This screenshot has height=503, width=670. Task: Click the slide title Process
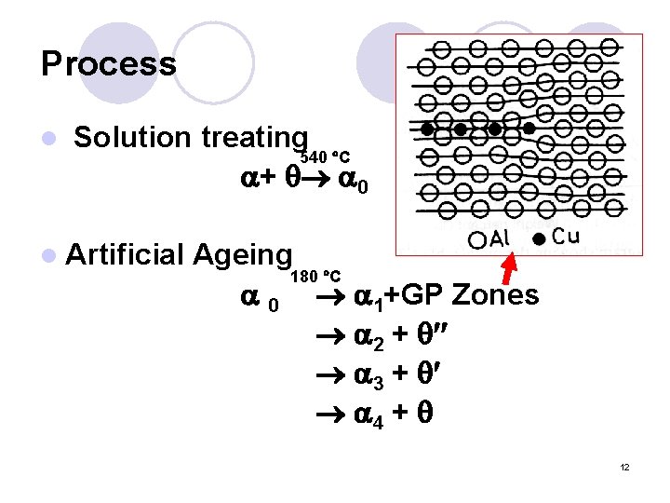tap(108, 63)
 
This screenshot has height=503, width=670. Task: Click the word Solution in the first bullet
tap(131, 138)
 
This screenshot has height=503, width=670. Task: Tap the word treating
tap(251, 138)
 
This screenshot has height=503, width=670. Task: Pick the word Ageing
tap(244, 254)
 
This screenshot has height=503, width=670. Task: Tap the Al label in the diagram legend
tap(500, 238)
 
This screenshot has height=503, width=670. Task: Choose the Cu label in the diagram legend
tap(565, 236)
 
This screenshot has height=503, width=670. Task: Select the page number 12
tap(624, 467)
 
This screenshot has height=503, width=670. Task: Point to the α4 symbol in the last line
tap(369, 412)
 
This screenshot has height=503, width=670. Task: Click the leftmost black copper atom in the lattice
tap(427, 128)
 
